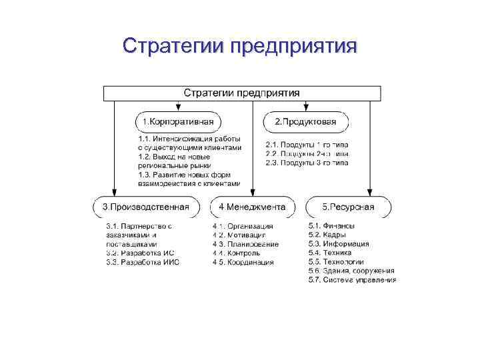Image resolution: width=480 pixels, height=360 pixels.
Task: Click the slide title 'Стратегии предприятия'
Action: point(240,46)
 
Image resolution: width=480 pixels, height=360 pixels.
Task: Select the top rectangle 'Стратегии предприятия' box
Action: point(241,93)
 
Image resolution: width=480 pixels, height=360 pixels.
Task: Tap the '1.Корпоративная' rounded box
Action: point(179,122)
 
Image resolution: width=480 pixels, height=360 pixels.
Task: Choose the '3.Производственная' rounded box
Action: point(145,207)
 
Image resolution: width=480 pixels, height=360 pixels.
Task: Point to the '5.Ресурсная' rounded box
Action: point(349,207)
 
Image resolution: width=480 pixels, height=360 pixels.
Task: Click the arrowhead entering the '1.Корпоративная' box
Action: point(179,107)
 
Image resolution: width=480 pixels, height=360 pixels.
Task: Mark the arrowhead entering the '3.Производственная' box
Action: point(115,193)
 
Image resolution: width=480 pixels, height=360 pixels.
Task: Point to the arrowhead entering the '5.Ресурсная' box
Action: point(371,193)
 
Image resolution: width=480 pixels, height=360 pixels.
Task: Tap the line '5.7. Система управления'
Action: point(352,280)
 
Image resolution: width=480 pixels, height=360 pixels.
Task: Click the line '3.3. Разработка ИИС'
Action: point(143,263)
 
